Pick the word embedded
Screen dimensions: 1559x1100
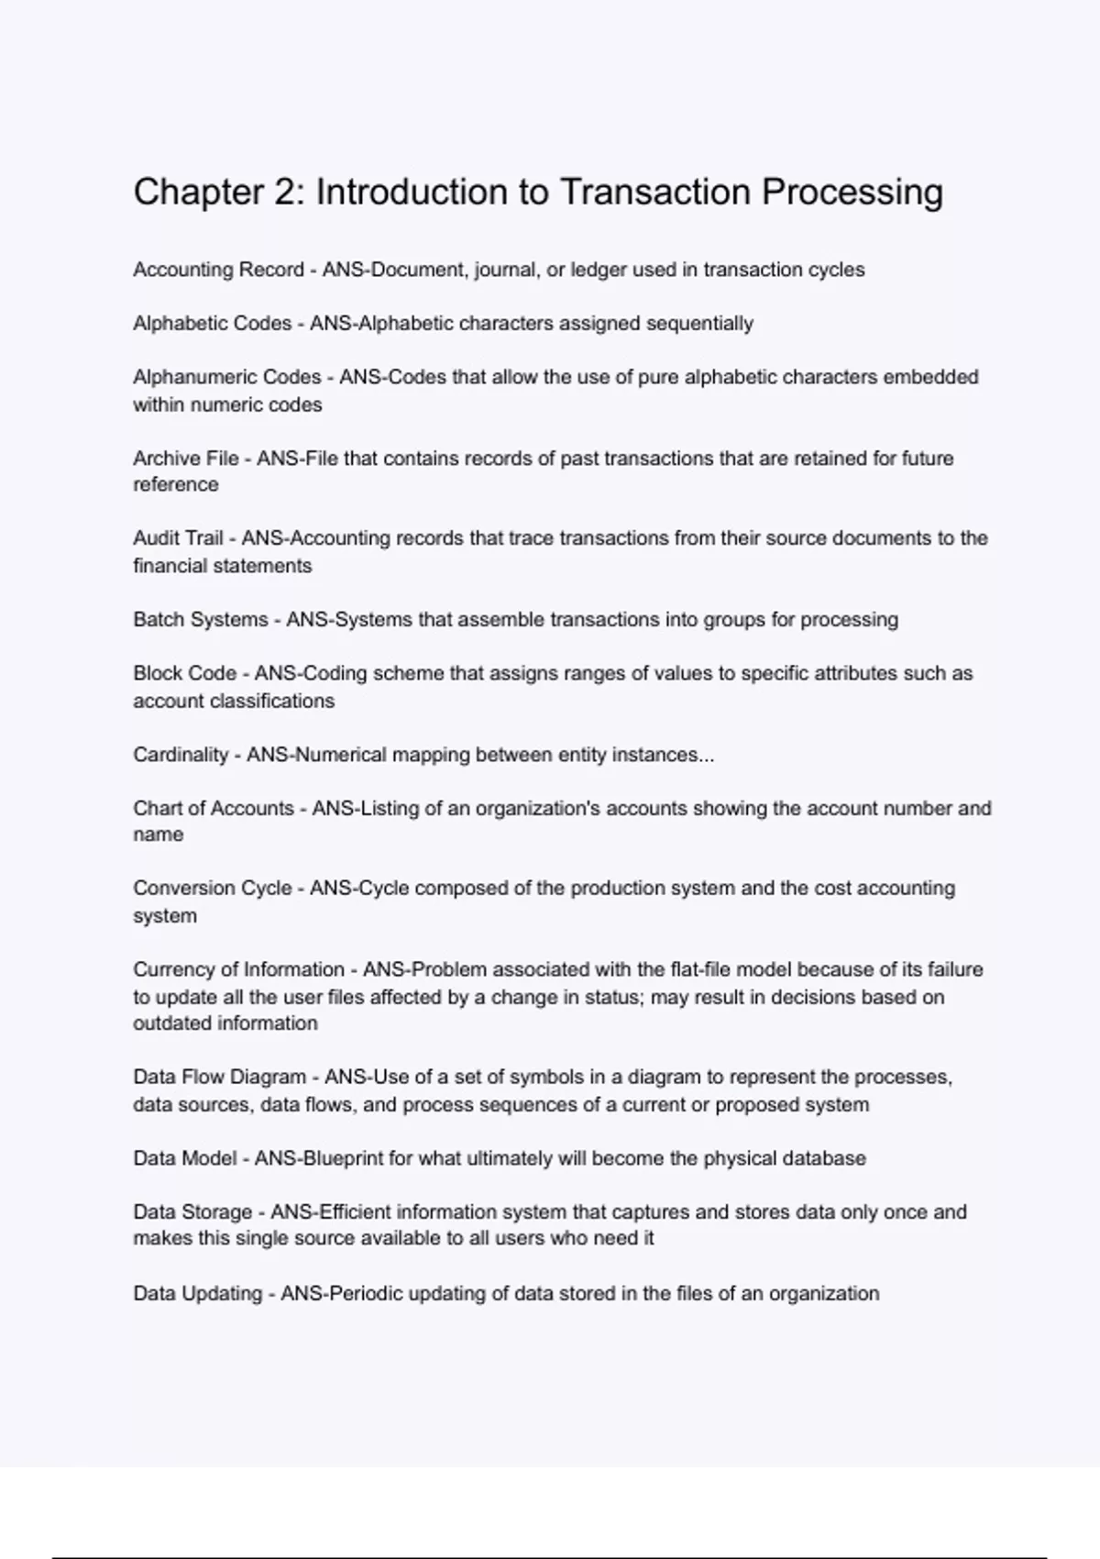[x=930, y=377]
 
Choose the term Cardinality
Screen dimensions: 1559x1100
[x=181, y=755]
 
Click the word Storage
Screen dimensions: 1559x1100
[x=216, y=1211]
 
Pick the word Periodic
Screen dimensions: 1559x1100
[x=365, y=1293]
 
